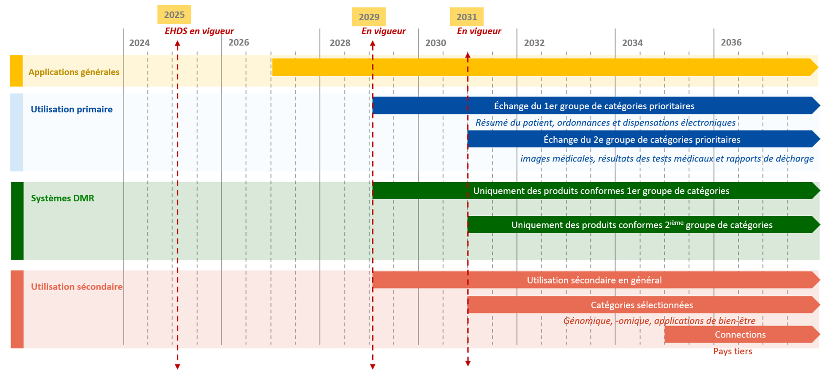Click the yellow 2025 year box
[x=174, y=15]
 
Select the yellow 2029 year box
[x=369, y=17]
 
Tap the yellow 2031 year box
[x=467, y=17]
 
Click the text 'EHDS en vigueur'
[x=199, y=31]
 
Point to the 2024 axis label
[x=139, y=43]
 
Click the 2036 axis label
[x=731, y=42]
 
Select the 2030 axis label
[x=436, y=43]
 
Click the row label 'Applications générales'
[x=74, y=72]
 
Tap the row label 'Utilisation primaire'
[x=71, y=109]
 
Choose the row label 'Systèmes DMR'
[x=62, y=198]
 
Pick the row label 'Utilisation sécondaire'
[x=77, y=287]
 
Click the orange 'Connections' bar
[x=740, y=334]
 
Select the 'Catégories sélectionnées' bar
[x=642, y=305]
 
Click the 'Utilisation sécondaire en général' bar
[x=594, y=280]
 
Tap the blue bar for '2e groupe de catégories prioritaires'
[x=642, y=139]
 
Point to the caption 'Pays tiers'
[x=732, y=351]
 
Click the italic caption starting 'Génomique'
[x=659, y=321]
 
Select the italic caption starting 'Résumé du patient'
[x=605, y=123]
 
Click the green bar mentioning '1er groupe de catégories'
[x=601, y=191]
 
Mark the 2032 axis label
[x=534, y=43]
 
